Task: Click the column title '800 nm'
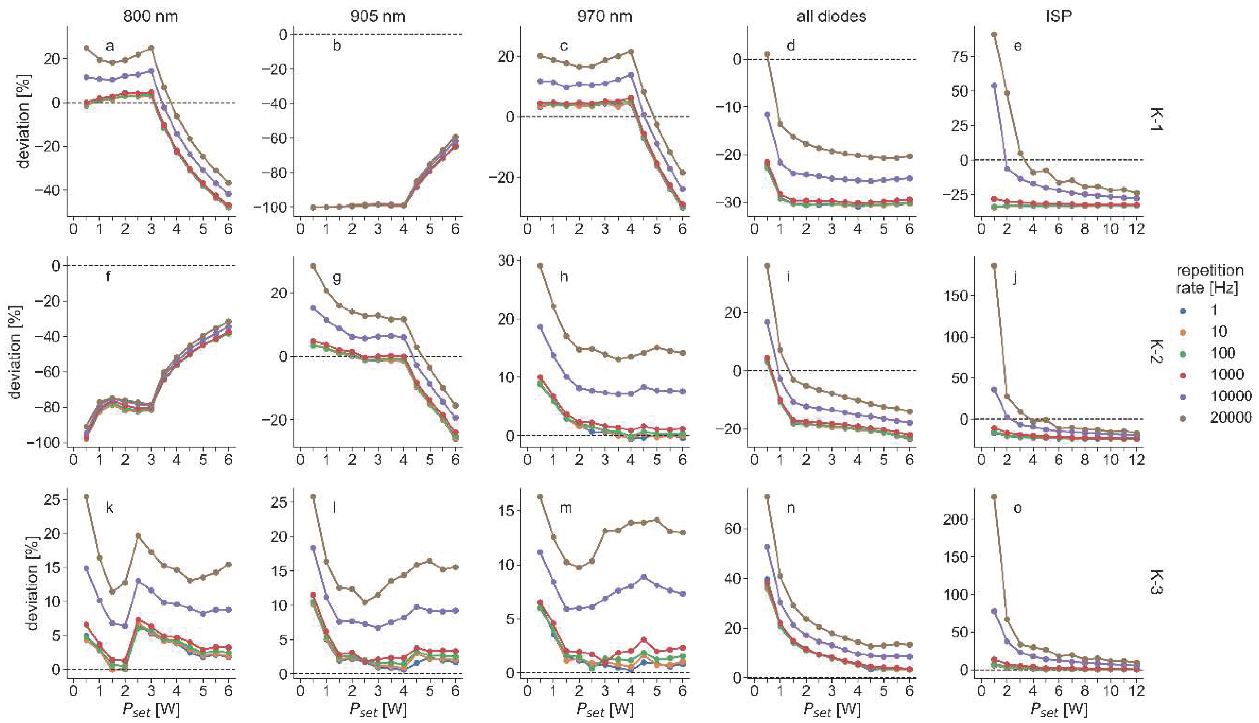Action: tap(151, 16)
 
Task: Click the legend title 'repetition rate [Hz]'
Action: tap(1209, 279)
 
